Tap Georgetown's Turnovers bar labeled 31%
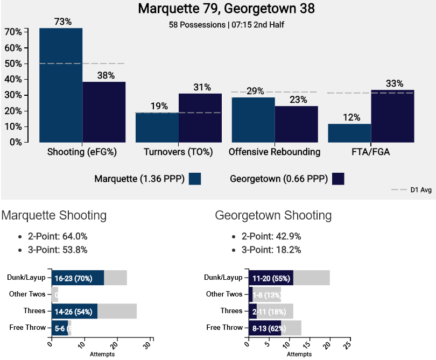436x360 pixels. pos(200,118)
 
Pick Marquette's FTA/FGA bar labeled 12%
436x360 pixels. pos(349,133)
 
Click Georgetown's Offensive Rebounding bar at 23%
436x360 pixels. pos(297,124)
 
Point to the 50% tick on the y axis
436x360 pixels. pos(13,63)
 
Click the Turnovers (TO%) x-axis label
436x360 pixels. pos(178,152)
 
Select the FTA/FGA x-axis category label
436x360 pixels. pos(370,152)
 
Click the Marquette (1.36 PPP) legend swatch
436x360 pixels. pos(195,179)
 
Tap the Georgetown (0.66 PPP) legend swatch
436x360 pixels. pos(339,179)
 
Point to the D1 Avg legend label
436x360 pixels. pos(420,190)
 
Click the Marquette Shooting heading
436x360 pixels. pos(54,216)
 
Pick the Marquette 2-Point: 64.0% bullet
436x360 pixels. pos(57,236)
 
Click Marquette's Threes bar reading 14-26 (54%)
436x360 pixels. pos(74,311)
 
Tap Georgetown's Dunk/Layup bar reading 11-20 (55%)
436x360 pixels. pos(270,278)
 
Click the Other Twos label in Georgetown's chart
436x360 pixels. pos(224,294)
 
